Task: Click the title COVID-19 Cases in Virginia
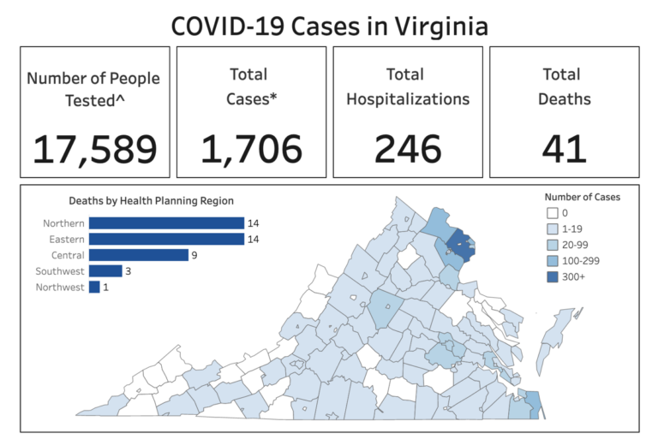[329, 26]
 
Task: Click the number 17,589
[95, 149]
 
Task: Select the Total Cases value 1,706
[252, 149]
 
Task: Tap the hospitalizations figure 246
[408, 149]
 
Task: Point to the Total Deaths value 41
[564, 149]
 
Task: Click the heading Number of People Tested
[95, 89]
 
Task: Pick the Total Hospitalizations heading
[408, 86]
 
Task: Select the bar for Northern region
[166, 223]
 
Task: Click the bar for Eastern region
[166, 239]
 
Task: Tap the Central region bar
[138, 255]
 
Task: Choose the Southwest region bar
[105, 271]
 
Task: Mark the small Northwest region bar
[94, 288]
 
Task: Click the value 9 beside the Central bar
[195, 255]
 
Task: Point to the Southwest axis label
[60, 271]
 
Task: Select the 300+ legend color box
[552, 277]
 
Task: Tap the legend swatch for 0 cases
[552, 213]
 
